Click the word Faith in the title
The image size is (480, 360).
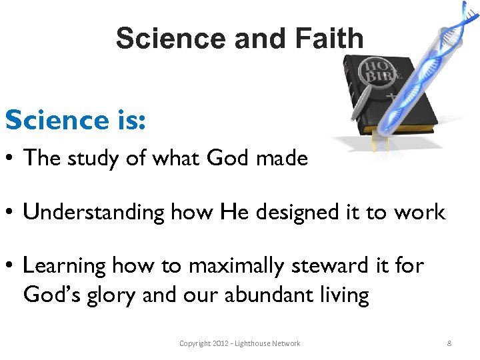(327, 39)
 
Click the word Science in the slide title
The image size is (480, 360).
(171, 39)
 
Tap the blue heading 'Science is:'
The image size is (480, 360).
(75, 121)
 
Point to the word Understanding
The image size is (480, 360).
(93, 213)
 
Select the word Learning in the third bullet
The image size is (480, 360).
(65, 266)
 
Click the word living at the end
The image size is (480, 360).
(346, 295)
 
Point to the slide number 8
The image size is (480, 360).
(449, 343)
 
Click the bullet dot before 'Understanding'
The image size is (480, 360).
(11, 213)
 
